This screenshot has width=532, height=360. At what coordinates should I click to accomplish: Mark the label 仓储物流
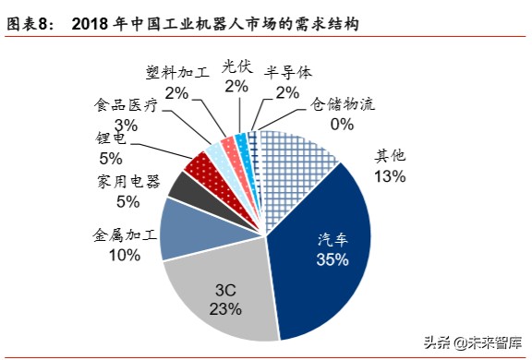(x=343, y=104)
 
